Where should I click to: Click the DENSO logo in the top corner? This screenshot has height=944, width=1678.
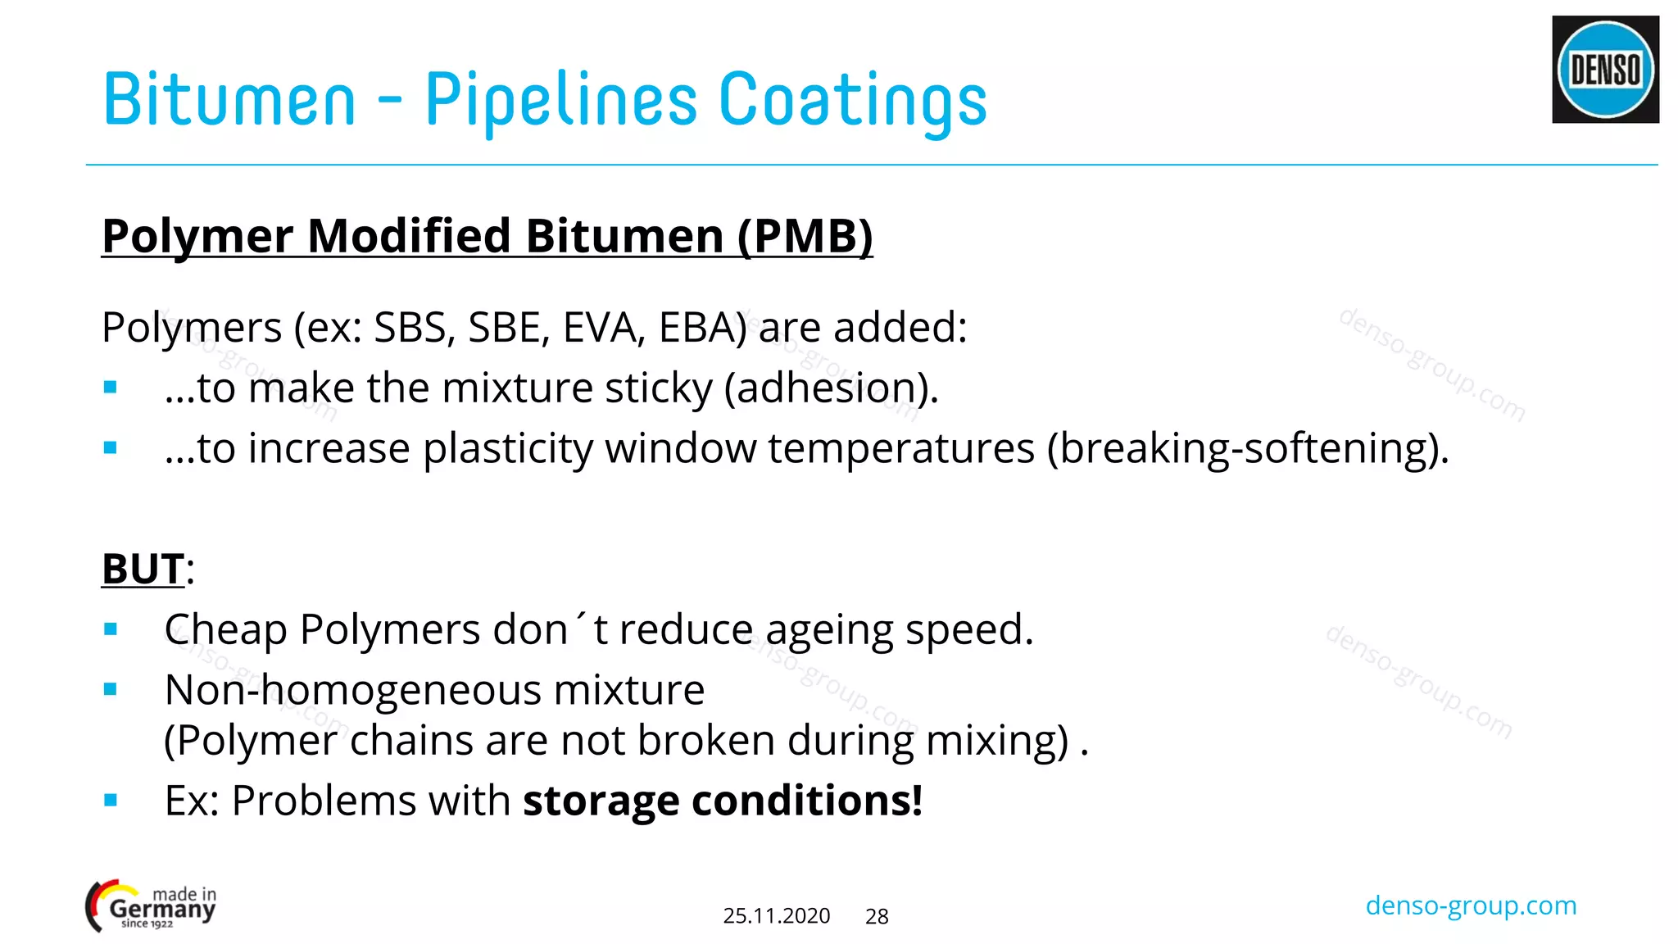pyautogui.click(x=1605, y=70)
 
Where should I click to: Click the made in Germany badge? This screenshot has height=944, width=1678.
pyautogui.click(x=152, y=906)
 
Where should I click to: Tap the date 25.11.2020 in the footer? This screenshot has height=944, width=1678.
pyautogui.click(x=776, y=916)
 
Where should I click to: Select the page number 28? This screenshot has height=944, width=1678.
pyautogui.click(x=877, y=917)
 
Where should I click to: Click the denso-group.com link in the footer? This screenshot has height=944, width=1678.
pyautogui.click(x=1471, y=905)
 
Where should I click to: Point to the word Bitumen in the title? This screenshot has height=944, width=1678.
pyautogui.click(x=229, y=100)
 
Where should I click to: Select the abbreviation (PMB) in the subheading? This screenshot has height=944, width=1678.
pyautogui.click(x=805, y=236)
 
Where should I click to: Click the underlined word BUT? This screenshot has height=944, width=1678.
pyautogui.click(x=143, y=569)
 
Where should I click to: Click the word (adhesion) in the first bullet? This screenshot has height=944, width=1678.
pyautogui.click(x=831, y=388)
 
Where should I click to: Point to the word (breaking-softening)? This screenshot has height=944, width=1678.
pyautogui.click(x=1247, y=449)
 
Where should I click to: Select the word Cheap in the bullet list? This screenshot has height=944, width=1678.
pyautogui.click(x=226, y=630)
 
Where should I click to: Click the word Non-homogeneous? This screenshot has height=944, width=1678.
pyautogui.click(x=352, y=690)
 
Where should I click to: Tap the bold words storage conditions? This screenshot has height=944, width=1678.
pyautogui.click(x=723, y=801)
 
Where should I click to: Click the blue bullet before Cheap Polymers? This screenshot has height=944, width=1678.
pyautogui.click(x=111, y=629)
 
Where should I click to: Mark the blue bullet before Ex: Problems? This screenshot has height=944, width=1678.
pyautogui.click(x=111, y=800)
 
